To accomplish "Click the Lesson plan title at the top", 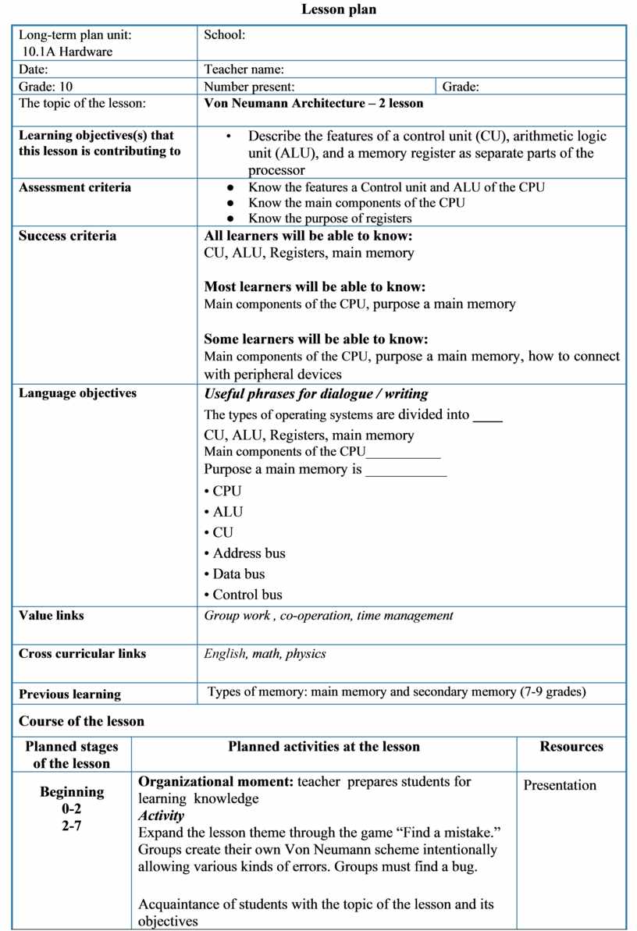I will pyautogui.click(x=339, y=10).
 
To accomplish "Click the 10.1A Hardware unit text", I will pyautogui.click(x=67, y=52).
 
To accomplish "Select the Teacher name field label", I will pyautogui.click(x=244, y=69).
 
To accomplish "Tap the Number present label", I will pyautogui.click(x=249, y=87).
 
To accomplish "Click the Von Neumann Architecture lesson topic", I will pyautogui.click(x=313, y=103).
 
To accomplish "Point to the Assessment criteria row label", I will pyautogui.click(x=75, y=187).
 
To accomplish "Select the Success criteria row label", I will pyautogui.click(x=67, y=236).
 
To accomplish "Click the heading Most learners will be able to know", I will pyautogui.click(x=314, y=286).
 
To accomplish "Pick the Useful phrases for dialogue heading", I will pyautogui.click(x=315, y=394).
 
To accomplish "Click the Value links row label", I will pyautogui.click(x=52, y=615).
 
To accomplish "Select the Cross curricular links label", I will pyautogui.click(x=82, y=653).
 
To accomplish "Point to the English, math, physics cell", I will pyautogui.click(x=265, y=653).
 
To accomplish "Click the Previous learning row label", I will pyautogui.click(x=69, y=694).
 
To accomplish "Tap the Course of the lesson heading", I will pyautogui.click(x=81, y=721).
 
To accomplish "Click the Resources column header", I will pyautogui.click(x=571, y=746).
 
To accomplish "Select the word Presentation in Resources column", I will pyautogui.click(x=560, y=785).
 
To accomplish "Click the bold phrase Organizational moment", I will pyautogui.click(x=216, y=781).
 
